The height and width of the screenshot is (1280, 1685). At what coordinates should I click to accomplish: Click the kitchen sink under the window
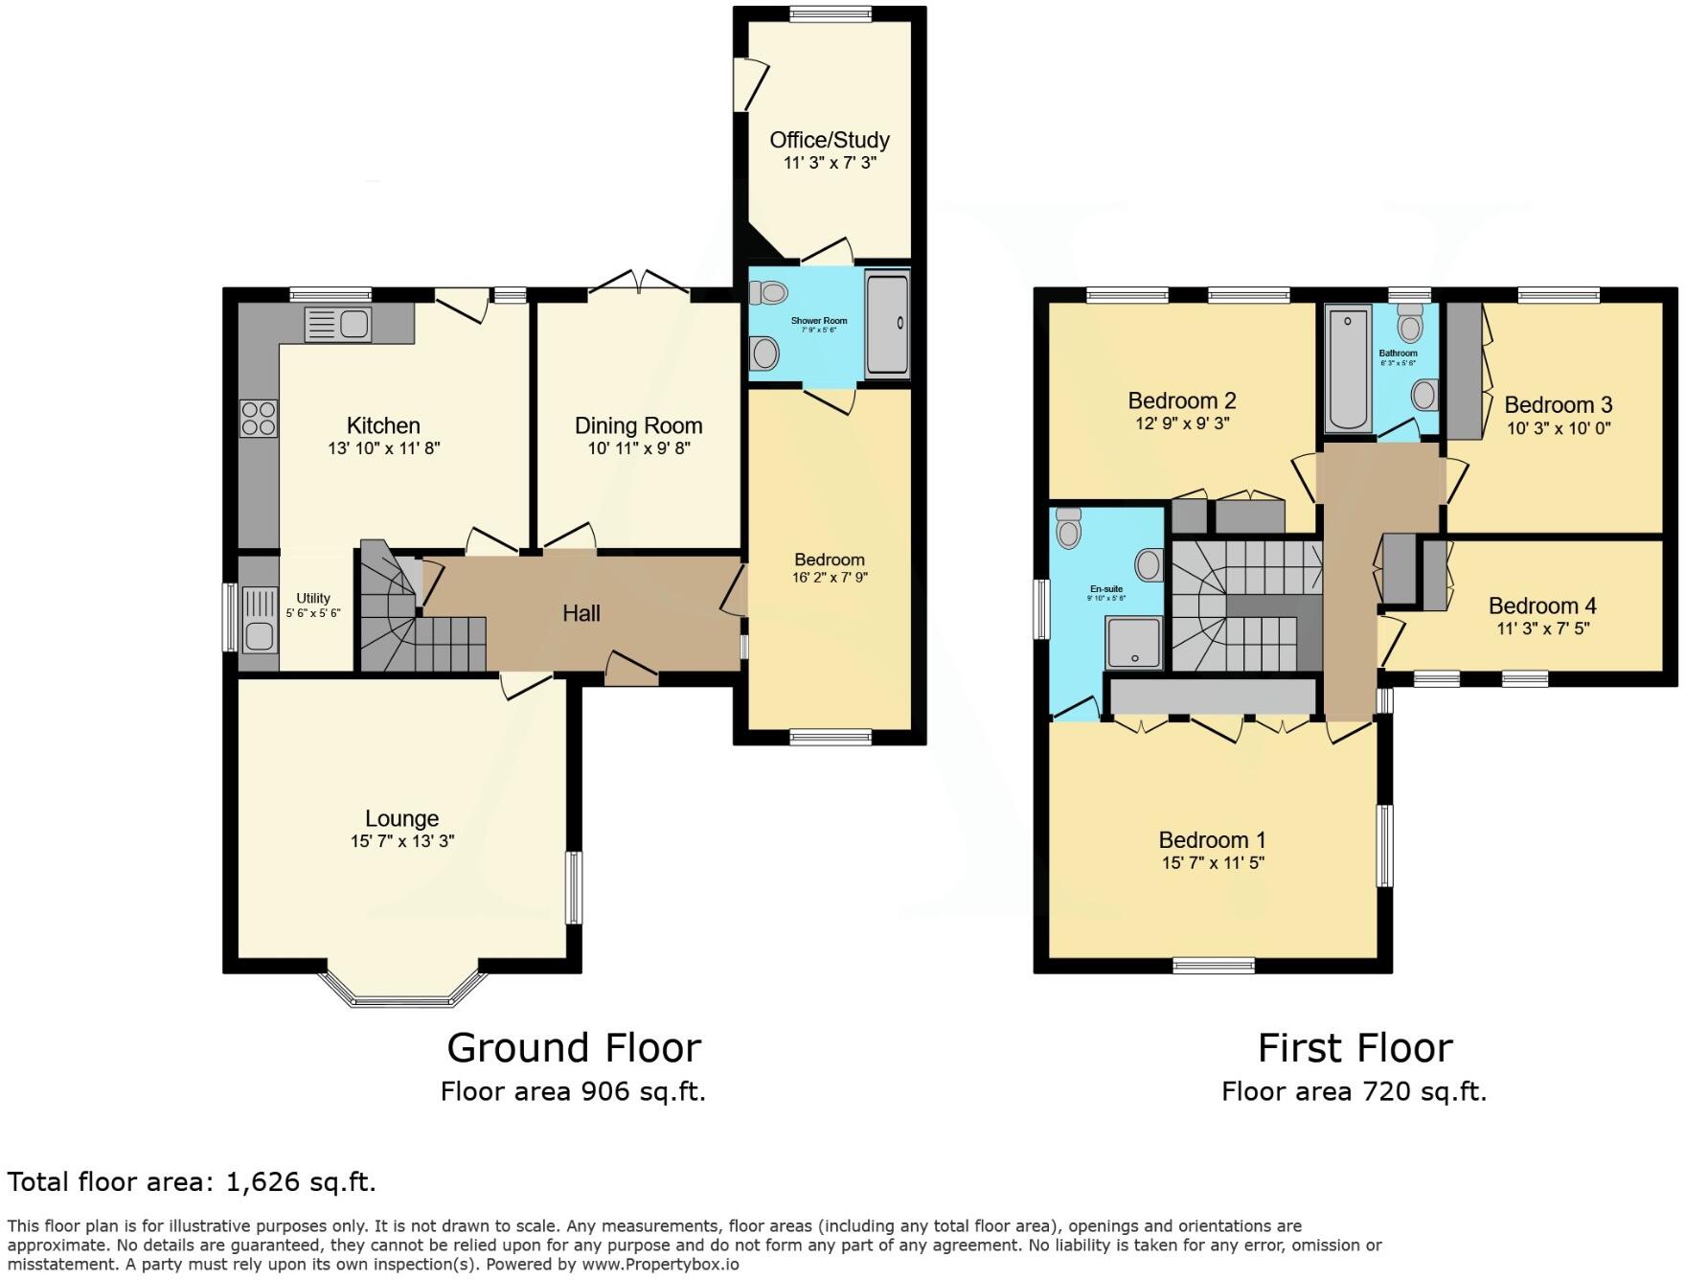click(x=338, y=325)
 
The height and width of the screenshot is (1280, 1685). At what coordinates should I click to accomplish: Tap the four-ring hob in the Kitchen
click(x=259, y=419)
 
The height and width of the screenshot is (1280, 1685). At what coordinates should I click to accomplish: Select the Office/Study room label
click(x=830, y=140)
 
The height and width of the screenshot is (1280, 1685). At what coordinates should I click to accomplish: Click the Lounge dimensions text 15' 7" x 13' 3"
click(x=402, y=841)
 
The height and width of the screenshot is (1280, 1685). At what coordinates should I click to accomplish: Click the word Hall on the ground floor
click(x=581, y=613)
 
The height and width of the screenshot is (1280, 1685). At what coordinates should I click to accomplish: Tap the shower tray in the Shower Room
click(x=887, y=323)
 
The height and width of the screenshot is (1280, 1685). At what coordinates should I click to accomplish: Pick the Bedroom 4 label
click(x=1542, y=606)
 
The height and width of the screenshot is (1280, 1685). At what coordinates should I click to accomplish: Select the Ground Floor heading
click(x=574, y=1048)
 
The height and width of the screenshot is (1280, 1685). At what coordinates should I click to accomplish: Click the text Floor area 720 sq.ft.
click(x=1354, y=1091)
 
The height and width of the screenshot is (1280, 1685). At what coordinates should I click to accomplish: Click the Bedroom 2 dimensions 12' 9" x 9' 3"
click(x=1182, y=423)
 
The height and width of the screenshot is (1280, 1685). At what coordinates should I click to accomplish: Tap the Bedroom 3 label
click(x=1559, y=404)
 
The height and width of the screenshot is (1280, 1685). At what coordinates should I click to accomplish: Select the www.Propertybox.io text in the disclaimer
click(x=660, y=1265)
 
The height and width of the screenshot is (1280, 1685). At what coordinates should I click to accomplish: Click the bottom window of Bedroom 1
click(x=1214, y=966)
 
